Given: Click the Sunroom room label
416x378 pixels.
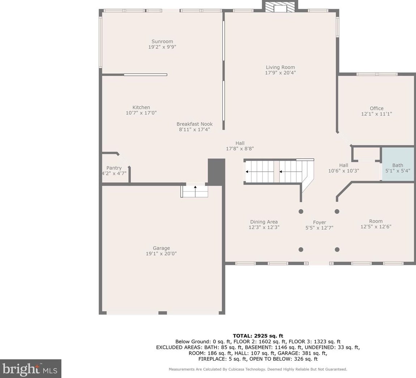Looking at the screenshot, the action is click(x=162, y=41).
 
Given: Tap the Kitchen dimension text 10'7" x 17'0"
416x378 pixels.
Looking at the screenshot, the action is click(x=141, y=113).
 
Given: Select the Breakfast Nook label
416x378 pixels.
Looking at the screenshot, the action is click(x=194, y=124).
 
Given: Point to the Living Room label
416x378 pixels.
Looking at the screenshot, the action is click(x=280, y=67).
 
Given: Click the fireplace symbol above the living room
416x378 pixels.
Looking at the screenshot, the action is click(x=280, y=7).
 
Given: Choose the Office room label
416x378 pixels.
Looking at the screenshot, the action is click(x=377, y=108).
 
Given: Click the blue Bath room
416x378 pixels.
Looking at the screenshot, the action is click(x=398, y=165).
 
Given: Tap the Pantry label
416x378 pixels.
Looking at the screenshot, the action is click(x=114, y=168).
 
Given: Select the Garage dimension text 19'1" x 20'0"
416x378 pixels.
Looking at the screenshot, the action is click(x=161, y=254).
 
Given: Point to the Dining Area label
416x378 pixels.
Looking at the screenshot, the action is click(x=264, y=222).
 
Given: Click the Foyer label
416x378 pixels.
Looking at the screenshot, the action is click(x=319, y=222).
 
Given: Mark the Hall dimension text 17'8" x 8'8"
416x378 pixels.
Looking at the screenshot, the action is click(x=240, y=149).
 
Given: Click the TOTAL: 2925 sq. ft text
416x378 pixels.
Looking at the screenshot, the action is click(x=258, y=336).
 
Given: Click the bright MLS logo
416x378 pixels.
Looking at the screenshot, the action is click(x=30, y=369).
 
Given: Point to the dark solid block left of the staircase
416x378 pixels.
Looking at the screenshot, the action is click(x=216, y=172).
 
